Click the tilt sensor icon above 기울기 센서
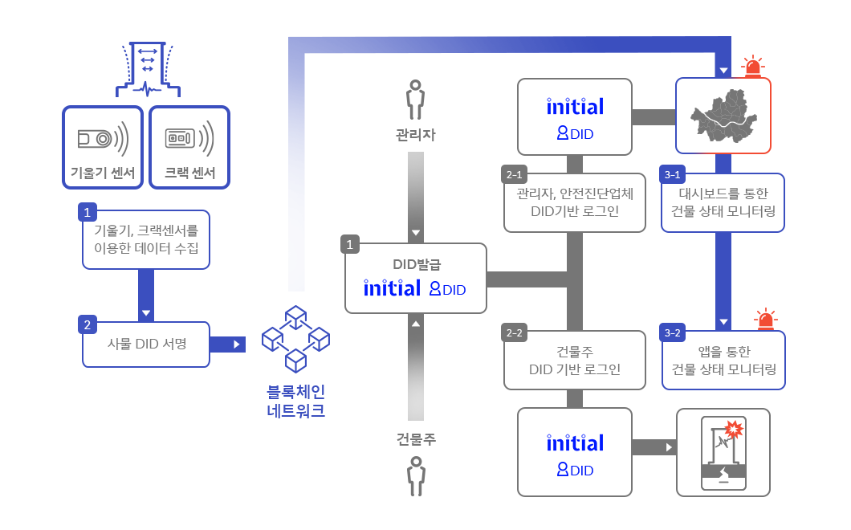click(x=104, y=139)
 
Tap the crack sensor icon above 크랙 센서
click(x=189, y=139)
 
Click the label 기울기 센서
click(x=103, y=173)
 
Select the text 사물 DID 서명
click(x=147, y=344)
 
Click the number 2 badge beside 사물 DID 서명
click(x=87, y=325)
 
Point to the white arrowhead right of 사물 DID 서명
click(x=236, y=344)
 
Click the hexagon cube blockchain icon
click(x=296, y=339)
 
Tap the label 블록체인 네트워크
click(x=295, y=402)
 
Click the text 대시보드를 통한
click(x=723, y=194)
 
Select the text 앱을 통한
click(x=723, y=352)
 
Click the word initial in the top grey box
click(x=575, y=107)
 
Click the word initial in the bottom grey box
click(x=575, y=443)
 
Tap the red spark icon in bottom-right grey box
click(x=733, y=430)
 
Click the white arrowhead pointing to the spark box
click(x=669, y=446)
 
